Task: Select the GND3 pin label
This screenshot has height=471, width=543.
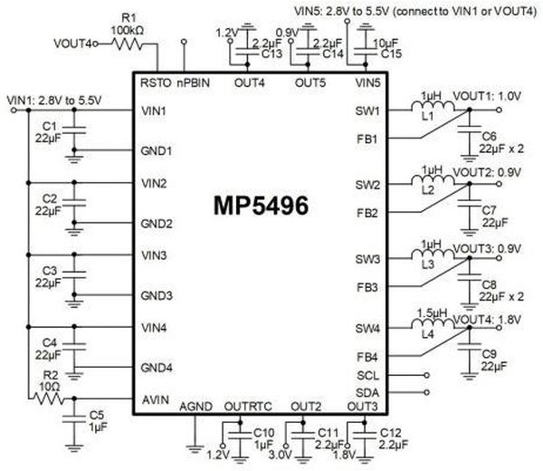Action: coord(157,295)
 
